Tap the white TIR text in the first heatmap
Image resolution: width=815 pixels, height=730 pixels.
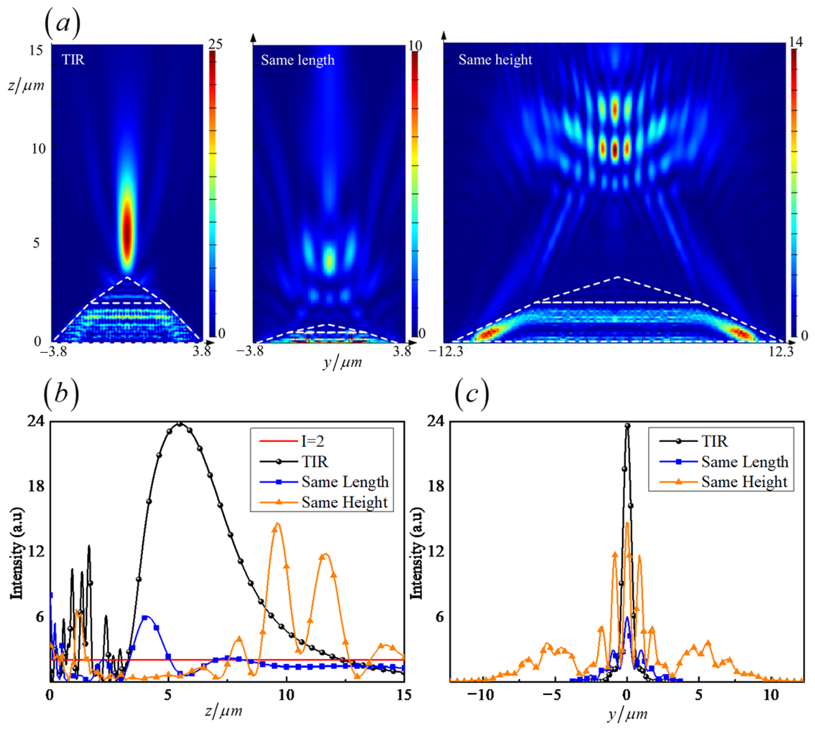pos(73,60)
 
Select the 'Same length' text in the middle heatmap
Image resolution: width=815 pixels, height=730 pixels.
pos(297,60)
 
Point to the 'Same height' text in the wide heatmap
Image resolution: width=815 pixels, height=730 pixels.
pos(495,60)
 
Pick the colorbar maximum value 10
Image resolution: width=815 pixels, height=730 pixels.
pos(415,45)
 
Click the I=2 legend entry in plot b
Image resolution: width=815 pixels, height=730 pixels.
pos(313,441)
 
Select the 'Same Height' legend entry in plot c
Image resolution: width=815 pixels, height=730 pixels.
pos(744,482)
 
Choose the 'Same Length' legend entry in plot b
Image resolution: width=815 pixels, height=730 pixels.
pos(345,482)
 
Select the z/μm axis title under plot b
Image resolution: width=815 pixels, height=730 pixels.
pos(223,710)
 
